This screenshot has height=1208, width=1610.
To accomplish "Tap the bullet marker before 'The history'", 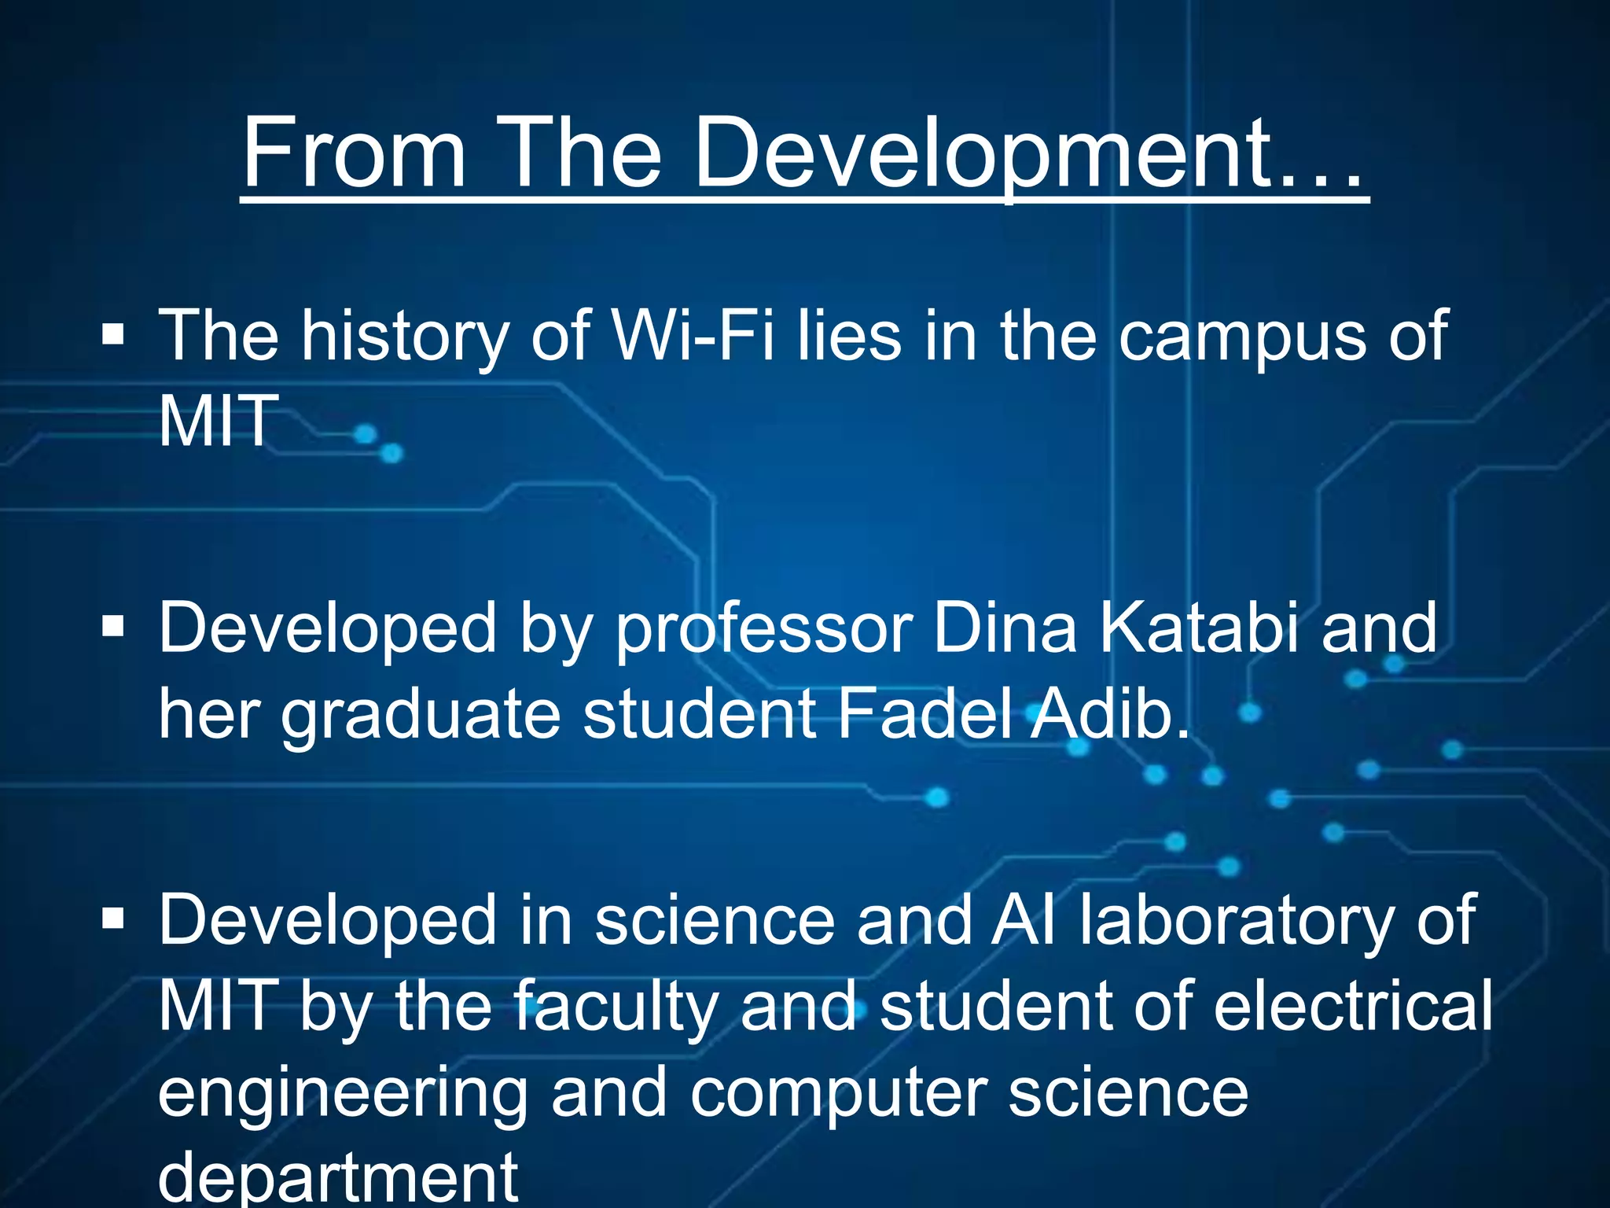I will click(113, 337).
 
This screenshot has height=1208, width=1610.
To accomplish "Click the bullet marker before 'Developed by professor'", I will click(113, 628).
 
